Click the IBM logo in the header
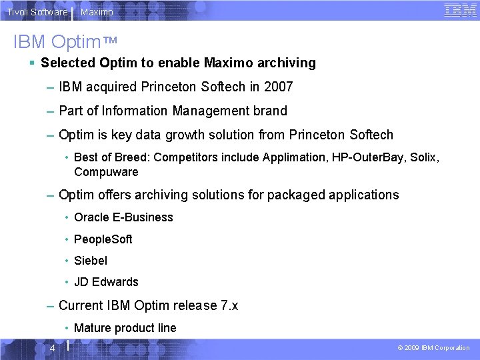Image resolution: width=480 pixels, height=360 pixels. (460, 10)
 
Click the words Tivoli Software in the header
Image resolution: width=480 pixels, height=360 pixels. (37, 12)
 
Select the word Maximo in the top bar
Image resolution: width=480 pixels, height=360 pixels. (97, 12)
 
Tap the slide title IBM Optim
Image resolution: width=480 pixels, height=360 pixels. (65, 41)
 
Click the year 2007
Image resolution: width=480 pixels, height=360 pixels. (278, 87)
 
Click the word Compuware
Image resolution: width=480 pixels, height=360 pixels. (106, 172)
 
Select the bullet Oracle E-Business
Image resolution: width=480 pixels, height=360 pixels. (123, 217)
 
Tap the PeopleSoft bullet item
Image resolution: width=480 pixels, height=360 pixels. (103, 239)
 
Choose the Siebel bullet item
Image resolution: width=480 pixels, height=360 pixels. (91, 260)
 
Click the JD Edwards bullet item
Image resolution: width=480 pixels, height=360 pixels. (106, 281)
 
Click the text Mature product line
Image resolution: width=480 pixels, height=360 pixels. (125, 327)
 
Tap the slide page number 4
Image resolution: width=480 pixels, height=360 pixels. (51, 348)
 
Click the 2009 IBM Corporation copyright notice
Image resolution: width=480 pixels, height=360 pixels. (433, 348)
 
